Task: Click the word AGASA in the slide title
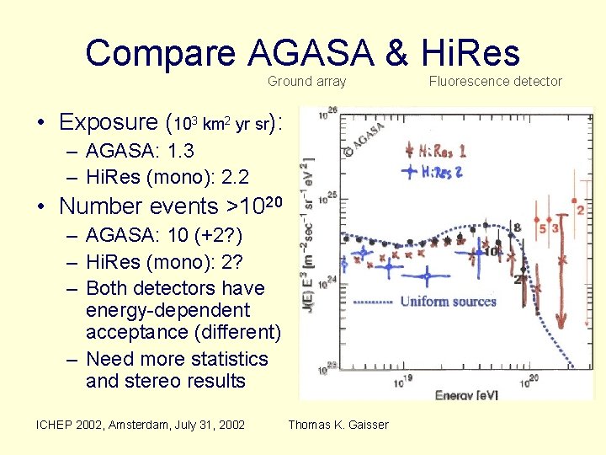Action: click(311, 53)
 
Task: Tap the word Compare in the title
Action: click(161, 53)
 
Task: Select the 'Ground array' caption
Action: click(306, 82)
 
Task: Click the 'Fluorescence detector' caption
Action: click(495, 82)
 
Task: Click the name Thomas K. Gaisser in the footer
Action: click(338, 425)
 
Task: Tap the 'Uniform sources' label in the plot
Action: click(448, 302)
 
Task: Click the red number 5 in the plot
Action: click(543, 228)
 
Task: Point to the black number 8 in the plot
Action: click(516, 227)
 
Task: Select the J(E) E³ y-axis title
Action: click(309, 253)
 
